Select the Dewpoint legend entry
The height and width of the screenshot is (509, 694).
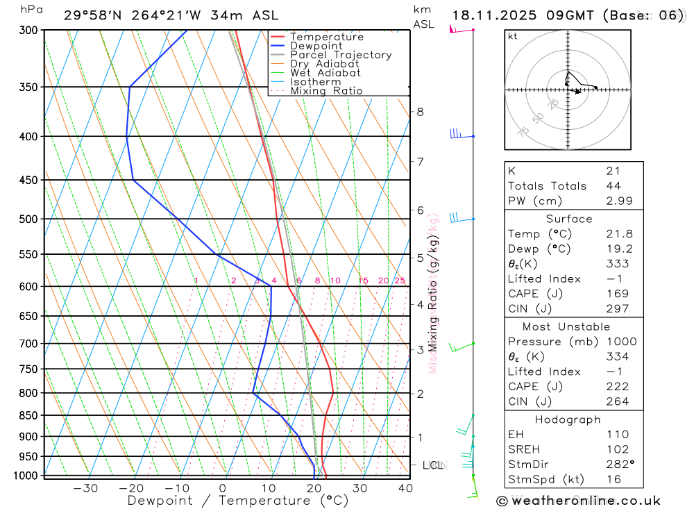pyautogui.click(x=316, y=46)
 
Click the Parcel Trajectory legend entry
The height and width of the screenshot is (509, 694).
pyautogui.click(x=341, y=55)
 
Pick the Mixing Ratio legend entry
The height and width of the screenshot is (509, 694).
pyautogui.click(x=326, y=90)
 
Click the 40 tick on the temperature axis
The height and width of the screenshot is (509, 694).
pyautogui.click(x=405, y=488)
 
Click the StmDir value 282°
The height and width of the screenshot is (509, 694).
pyautogui.click(x=618, y=465)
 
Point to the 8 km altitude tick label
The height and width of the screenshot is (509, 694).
pyautogui.click(x=420, y=112)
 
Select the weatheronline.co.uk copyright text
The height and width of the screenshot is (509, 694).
pyautogui.click(x=578, y=501)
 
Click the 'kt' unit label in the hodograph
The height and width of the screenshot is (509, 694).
pyautogui.click(x=513, y=36)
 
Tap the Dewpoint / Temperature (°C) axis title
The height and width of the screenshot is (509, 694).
pyautogui.click(x=237, y=501)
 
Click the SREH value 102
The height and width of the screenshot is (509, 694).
pyautogui.click(x=617, y=449)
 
